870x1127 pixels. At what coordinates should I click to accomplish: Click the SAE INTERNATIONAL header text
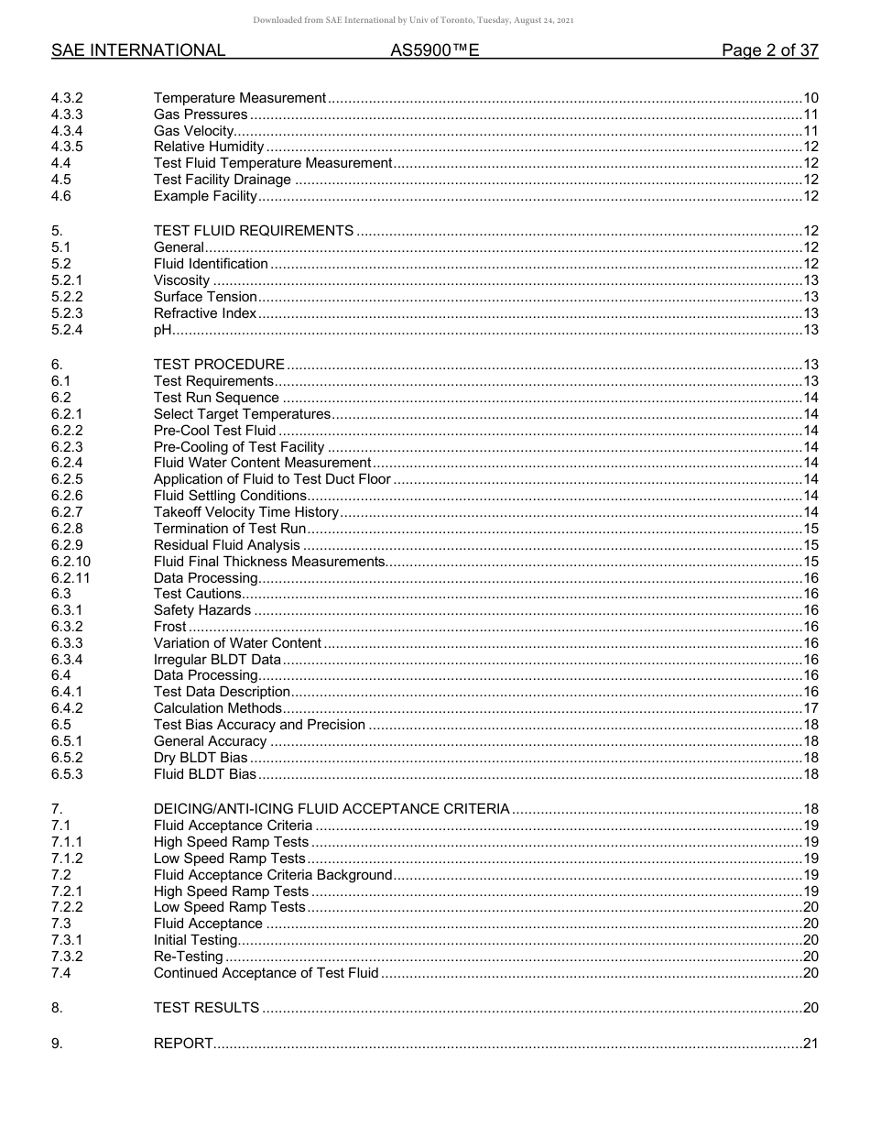point(138,51)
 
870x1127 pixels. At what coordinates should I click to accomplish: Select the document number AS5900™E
point(435,51)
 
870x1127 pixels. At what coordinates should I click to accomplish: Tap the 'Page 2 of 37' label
point(769,51)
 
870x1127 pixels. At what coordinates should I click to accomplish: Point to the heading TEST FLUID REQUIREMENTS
point(254,231)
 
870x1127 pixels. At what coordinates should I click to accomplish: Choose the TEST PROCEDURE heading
point(219,365)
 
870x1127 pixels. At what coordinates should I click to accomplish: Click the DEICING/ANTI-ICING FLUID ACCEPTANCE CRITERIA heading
point(332,809)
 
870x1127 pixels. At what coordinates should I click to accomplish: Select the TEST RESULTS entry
point(206,1008)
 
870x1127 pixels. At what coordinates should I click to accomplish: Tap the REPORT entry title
point(183,1044)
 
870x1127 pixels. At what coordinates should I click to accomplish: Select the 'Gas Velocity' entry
point(193,131)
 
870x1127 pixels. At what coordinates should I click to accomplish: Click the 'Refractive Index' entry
point(205,313)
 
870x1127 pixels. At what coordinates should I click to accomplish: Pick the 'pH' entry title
point(163,330)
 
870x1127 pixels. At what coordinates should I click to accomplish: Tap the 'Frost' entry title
point(169,627)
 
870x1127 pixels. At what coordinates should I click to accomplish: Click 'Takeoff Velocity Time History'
point(245,512)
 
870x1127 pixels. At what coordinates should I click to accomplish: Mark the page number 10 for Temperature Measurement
point(810,98)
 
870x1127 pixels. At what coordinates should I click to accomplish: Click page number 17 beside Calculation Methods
point(810,708)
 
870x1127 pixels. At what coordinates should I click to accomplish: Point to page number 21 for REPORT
point(810,1044)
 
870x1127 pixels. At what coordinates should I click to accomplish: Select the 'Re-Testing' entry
point(188,957)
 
